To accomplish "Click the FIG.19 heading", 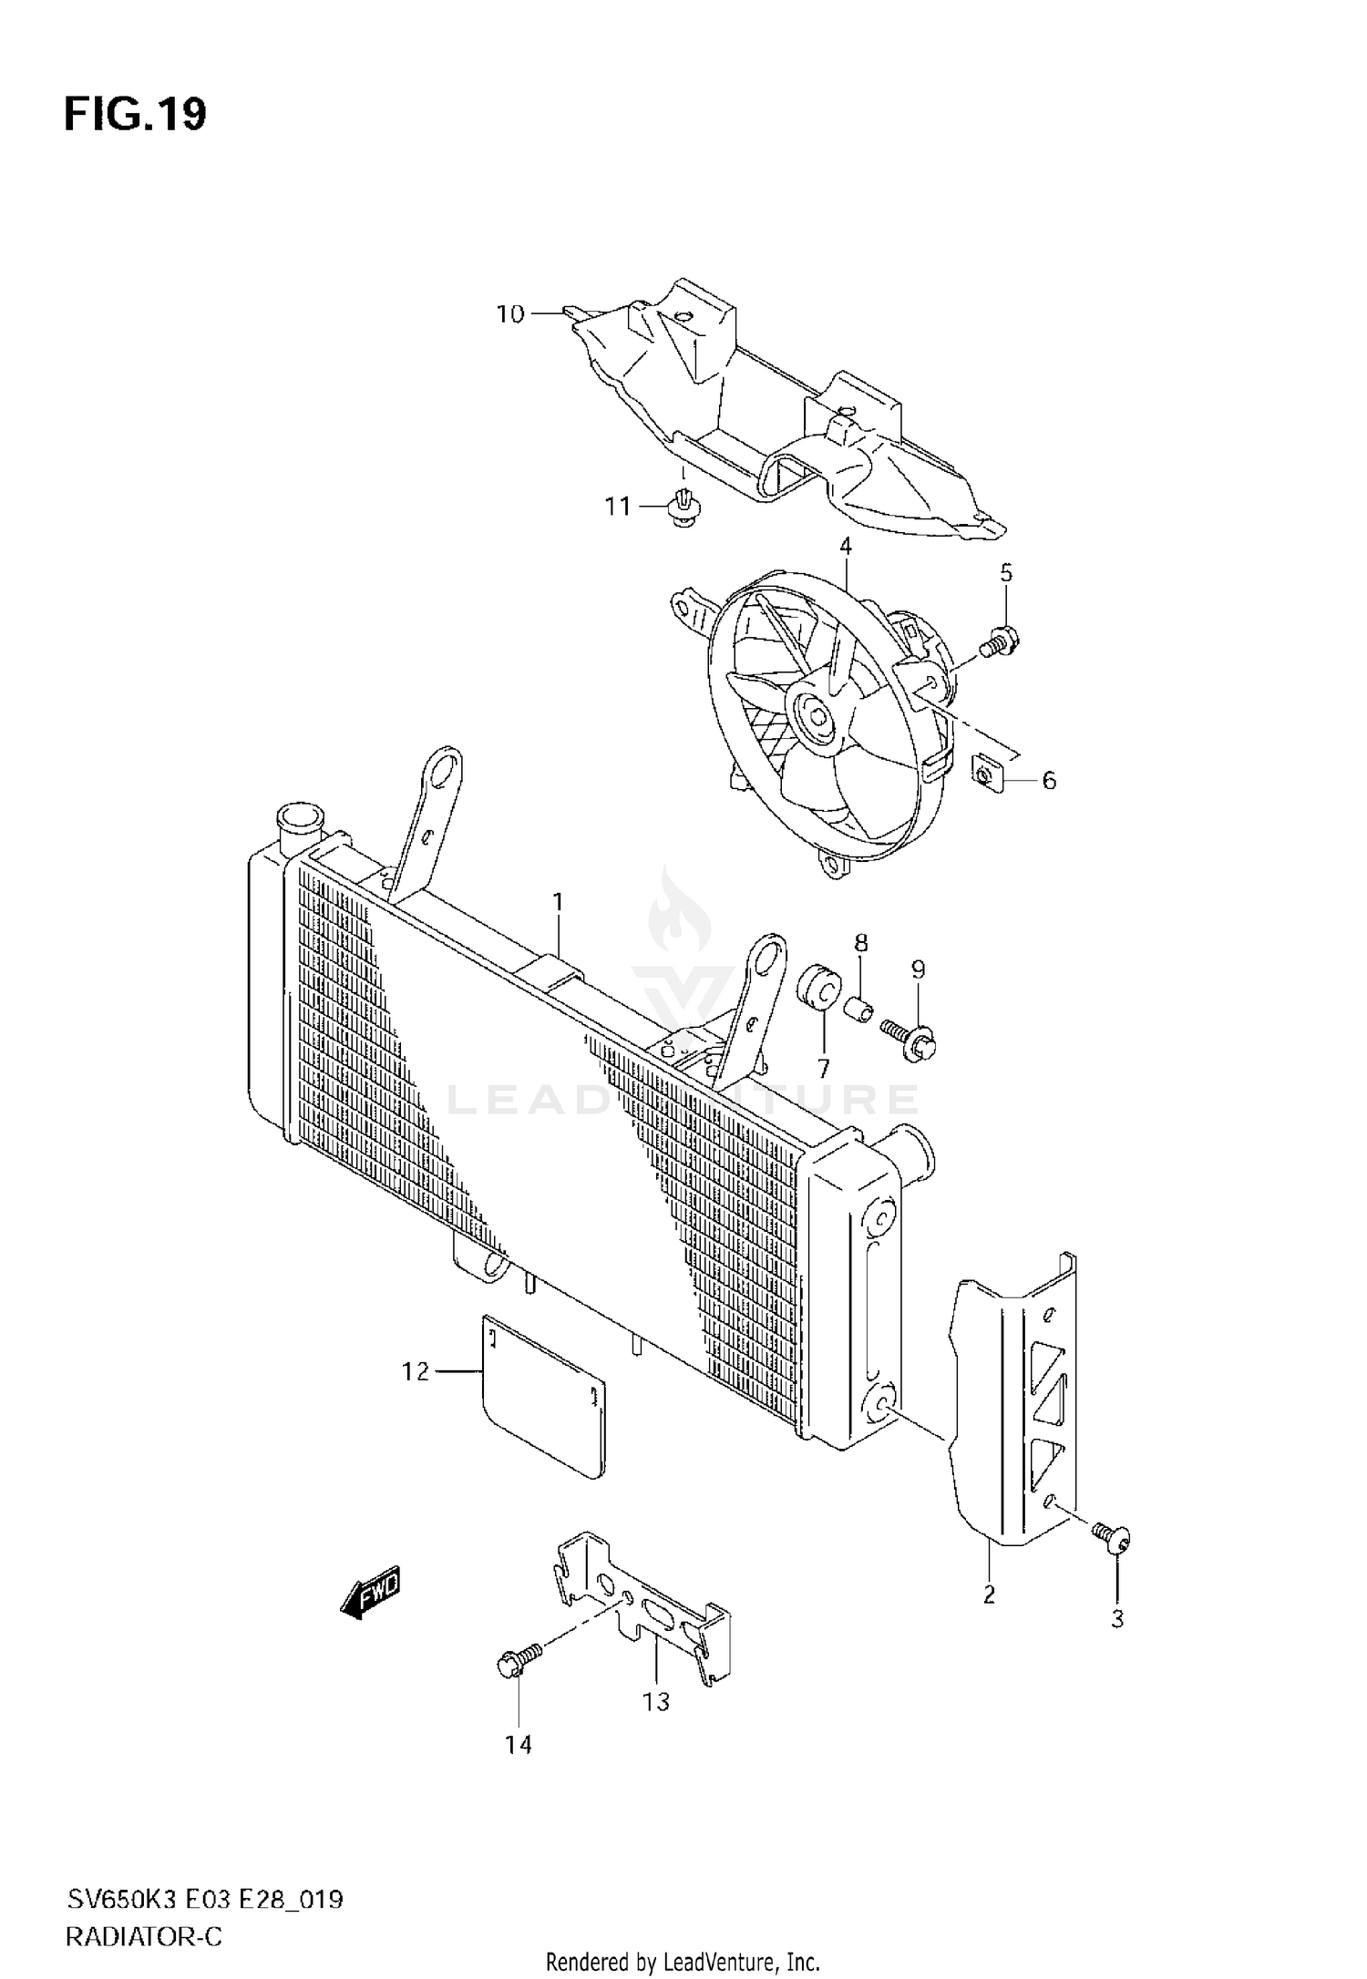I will [135, 115].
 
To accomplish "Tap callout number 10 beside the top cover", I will [510, 314].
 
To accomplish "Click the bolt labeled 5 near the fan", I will [1000, 643].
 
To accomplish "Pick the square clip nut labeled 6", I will [986, 774].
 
